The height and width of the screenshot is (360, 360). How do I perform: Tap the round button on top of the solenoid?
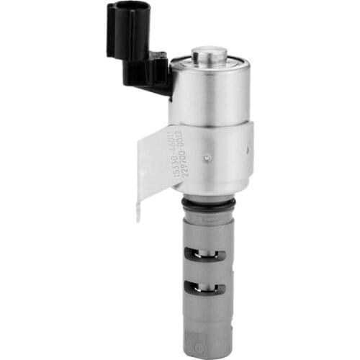coord(210,53)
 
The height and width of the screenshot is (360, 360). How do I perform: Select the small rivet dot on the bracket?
coord(207,158)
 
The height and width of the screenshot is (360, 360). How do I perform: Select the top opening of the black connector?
coord(130,7)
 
